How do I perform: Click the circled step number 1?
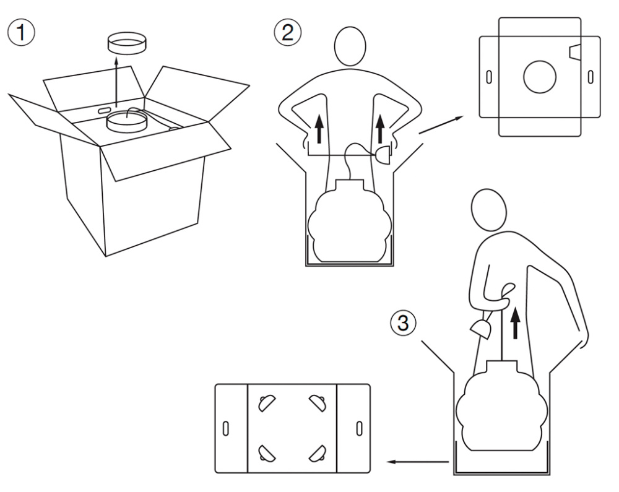click(x=21, y=32)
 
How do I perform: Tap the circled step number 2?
click(x=287, y=32)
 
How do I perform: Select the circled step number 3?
click(x=403, y=324)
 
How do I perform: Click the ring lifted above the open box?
click(x=127, y=44)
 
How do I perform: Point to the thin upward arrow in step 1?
click(x=116, y=82)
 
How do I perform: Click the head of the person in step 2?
click(x=350, y=46)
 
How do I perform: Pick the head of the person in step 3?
click(x=489, y=209)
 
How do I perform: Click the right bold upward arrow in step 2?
click(x=380, y=129)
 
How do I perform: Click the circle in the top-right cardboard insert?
click(x=540, y=77)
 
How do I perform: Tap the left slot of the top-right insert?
click(x=489, y=77)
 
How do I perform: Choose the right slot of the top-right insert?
click(x=591, y=77)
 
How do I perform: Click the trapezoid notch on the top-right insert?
click(x=576, y=53)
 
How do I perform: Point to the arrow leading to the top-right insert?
click(x=441, y=124)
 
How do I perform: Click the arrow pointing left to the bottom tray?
click(x=418, y=462)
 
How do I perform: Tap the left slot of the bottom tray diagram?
click(x=226, y=428)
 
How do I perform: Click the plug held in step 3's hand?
click(x=480, y=329)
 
